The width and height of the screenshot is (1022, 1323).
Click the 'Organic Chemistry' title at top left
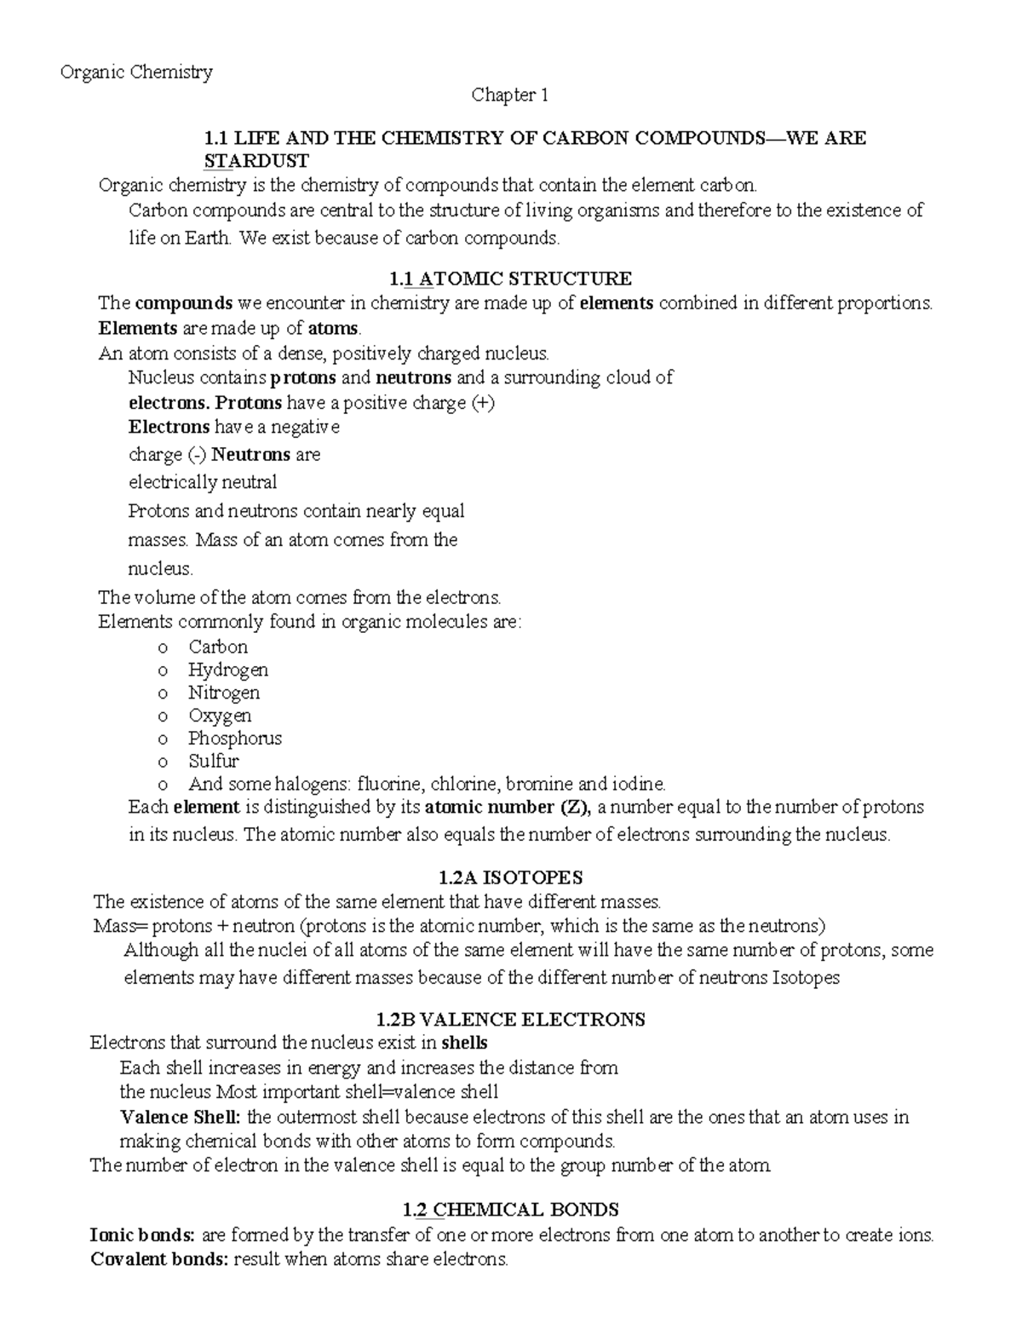pyautogui.click(x=136, y=72)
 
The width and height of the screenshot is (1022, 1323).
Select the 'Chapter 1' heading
pyautogui.click(x=510, y=95)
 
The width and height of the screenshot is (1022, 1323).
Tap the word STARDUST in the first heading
pyautogui.click(x=255, y=161)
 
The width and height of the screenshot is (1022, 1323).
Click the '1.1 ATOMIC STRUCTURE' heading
pyautogui.click(x=510, y=279)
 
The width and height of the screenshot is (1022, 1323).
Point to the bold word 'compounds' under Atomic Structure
pyautogui.click(x=184, y=303)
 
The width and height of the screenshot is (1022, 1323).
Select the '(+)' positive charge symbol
pyautogui.click(x=482, y=403)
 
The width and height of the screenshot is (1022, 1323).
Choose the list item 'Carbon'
pyautogui.click(x=218, y=647)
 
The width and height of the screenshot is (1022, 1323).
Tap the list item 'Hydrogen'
pyautogui.click(x=228, y=670)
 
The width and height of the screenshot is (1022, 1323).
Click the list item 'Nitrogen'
pyautogui.click(x=224, y=693)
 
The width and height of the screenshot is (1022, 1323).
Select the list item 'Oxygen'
pyautogui.click(x=220, y=716)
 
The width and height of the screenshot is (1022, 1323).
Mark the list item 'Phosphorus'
pyautogui.click(x=235, y=739)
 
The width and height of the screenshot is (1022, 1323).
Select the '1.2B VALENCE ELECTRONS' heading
pyautogui.click(x=510, y=1019)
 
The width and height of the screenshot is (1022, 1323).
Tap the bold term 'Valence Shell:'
pyautogui.click(x=181, y=1117)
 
